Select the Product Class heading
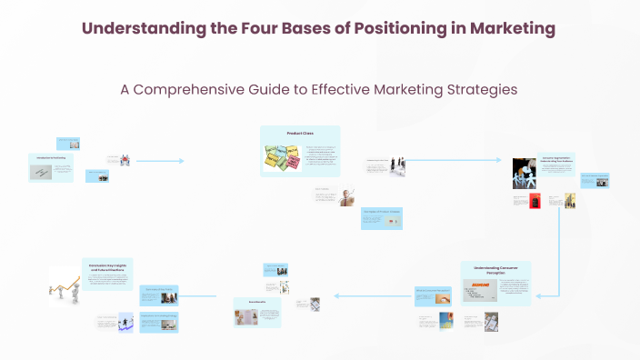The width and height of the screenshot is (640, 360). pos(300,134)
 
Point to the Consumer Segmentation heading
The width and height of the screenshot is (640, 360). pos(555,158)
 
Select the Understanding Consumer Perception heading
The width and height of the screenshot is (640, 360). pos(495,270)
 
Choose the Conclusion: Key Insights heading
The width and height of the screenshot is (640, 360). pos(107,265)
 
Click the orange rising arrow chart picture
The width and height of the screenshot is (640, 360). pos(65,285)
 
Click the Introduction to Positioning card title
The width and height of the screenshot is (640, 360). pos(51,158)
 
